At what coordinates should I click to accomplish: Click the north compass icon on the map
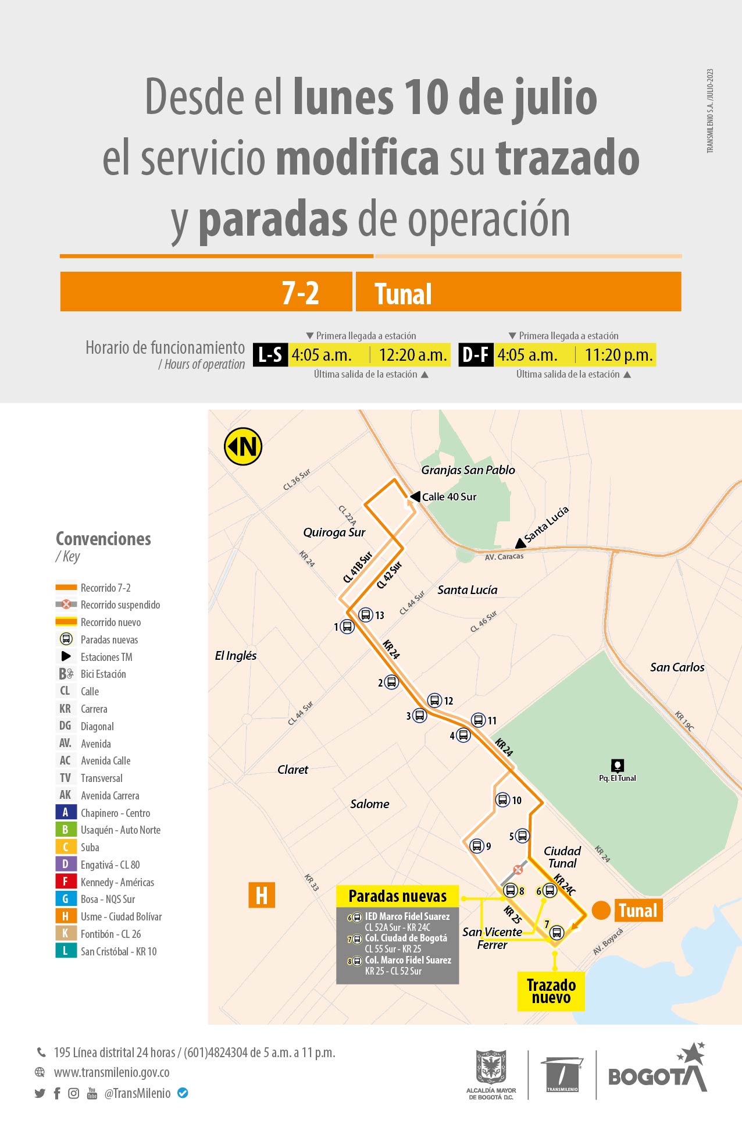coord(243,447)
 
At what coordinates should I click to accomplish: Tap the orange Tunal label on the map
coord(637,911)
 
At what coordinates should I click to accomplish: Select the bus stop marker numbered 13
coord(366,614)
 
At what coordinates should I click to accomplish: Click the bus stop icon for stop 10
coord(502,800)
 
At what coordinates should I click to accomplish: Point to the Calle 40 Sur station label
coord(449,497)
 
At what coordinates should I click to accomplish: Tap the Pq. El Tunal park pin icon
coord(618,765)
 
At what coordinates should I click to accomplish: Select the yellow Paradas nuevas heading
coord(398,896)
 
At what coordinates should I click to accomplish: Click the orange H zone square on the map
coord(262,895)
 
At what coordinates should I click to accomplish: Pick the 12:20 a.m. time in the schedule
coord(412,355)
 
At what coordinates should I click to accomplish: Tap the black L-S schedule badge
coord(270,355)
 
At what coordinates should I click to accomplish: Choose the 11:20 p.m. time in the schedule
coord(618,355)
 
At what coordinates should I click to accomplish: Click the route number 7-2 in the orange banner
coord(300,293)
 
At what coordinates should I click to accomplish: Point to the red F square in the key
coord(65,882)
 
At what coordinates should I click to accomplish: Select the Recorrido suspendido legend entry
coord(120,605)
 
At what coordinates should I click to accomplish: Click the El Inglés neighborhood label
coord(236,656)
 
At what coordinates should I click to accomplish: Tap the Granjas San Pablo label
coord(468,470)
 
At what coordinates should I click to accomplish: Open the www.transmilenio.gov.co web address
coord(112,1072)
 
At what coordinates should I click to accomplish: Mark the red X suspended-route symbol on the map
coord(518,870)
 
